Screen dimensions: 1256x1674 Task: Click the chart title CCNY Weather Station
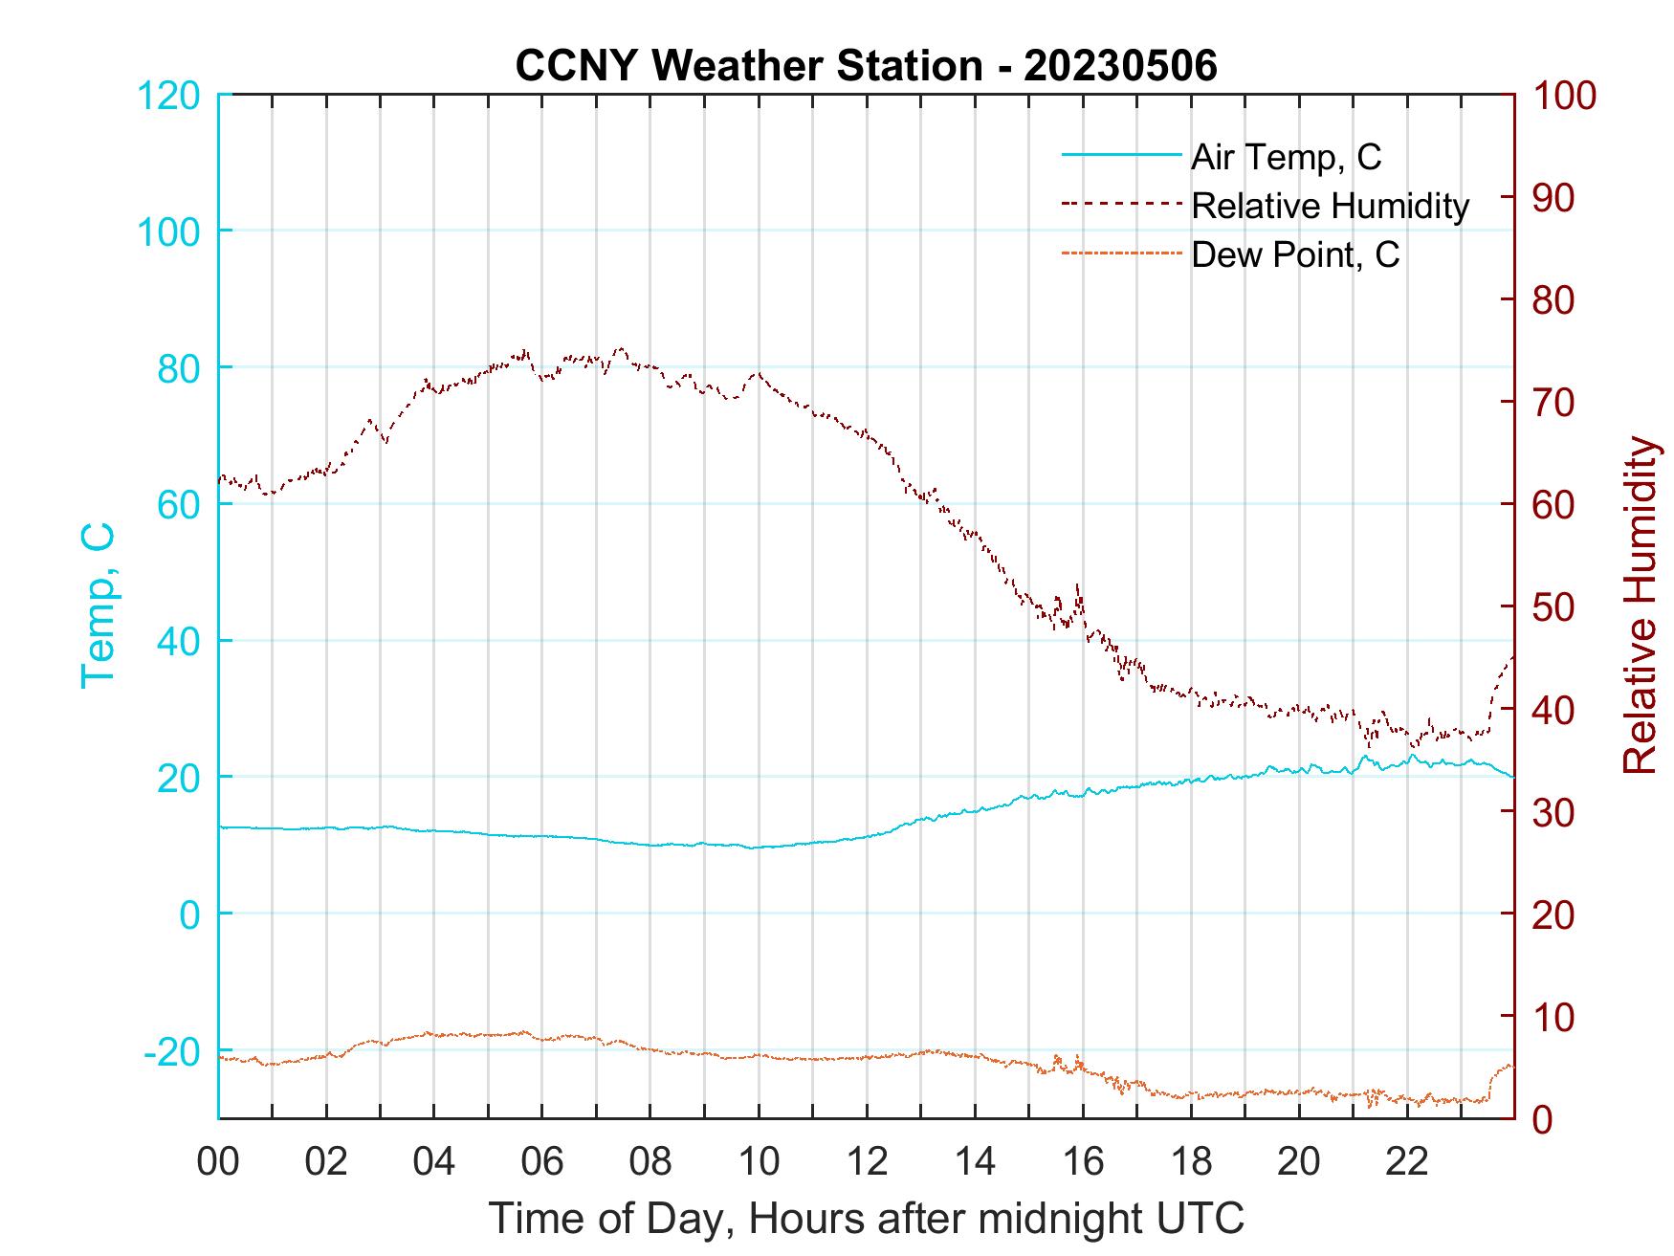point(866,65)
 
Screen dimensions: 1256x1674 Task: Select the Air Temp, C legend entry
point(1286,156)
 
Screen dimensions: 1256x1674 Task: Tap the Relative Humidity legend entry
point(1330,206)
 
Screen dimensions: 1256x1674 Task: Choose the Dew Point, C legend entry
point(1295,255)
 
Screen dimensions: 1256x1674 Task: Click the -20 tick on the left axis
point(171,1051)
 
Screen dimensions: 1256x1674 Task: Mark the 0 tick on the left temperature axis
point(190,914)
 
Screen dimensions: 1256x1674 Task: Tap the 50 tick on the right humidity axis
point(1555,607)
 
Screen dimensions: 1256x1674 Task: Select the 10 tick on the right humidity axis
point(1555,1017)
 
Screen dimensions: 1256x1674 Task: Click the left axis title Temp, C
point(98,606)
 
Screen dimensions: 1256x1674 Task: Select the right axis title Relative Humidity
point(1640,606)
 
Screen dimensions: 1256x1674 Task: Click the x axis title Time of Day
point(866,1219)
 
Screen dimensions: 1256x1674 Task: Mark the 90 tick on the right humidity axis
point(1555,198)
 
